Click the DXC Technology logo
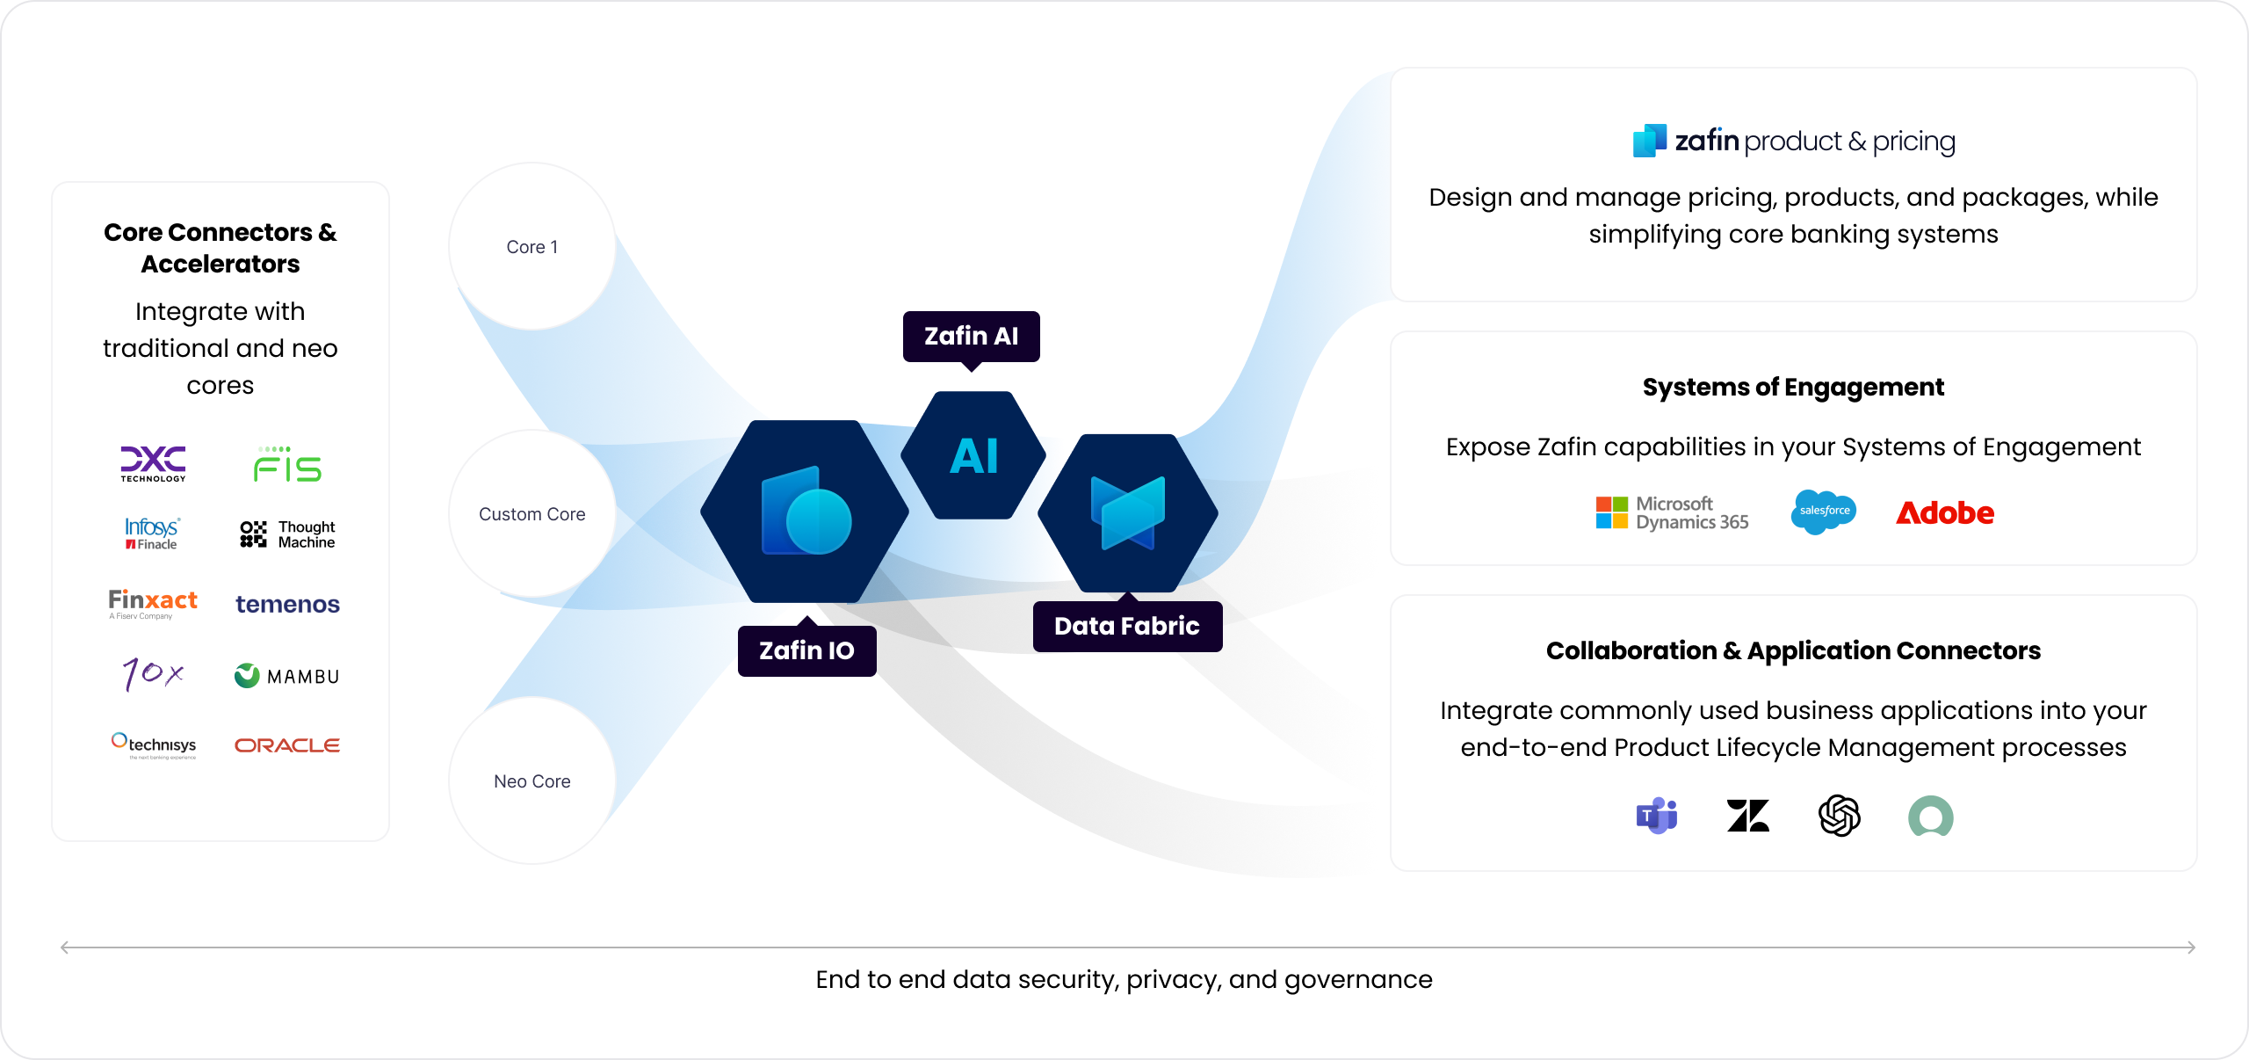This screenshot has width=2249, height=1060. click(x=153, y=463)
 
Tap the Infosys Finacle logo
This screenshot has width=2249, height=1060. click(x=152, y=534)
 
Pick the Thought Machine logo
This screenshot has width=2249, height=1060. click(x=287, y=534)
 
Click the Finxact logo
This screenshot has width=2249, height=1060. click(x=153, y=604)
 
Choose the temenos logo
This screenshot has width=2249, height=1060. click(x=287, y=605)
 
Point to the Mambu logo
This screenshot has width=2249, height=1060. click(x=287, y=676)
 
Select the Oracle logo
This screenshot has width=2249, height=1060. click(x=287, y=745)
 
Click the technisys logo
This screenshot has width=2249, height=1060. click(x=154, y=745)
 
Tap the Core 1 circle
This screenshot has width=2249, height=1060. click(x=532, y=247)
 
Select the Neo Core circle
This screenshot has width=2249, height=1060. click(x=532, y=781)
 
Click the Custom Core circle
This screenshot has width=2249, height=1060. click(x=532, y=514)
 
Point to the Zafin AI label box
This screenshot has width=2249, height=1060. click(x=972, y=337)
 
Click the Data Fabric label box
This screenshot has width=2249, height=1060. click(x=1127, y=626)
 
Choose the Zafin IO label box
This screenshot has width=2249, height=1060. click(x=807, y=650)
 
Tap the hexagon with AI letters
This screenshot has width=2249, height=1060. click(x=973, y=455)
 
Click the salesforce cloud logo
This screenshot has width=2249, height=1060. click(x=1824, y=512)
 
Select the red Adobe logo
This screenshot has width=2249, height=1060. click(x=1945, y=512)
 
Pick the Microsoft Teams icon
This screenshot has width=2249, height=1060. click(x=1657, y=816)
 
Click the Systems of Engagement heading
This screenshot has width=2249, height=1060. click(x=1793, y=388)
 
